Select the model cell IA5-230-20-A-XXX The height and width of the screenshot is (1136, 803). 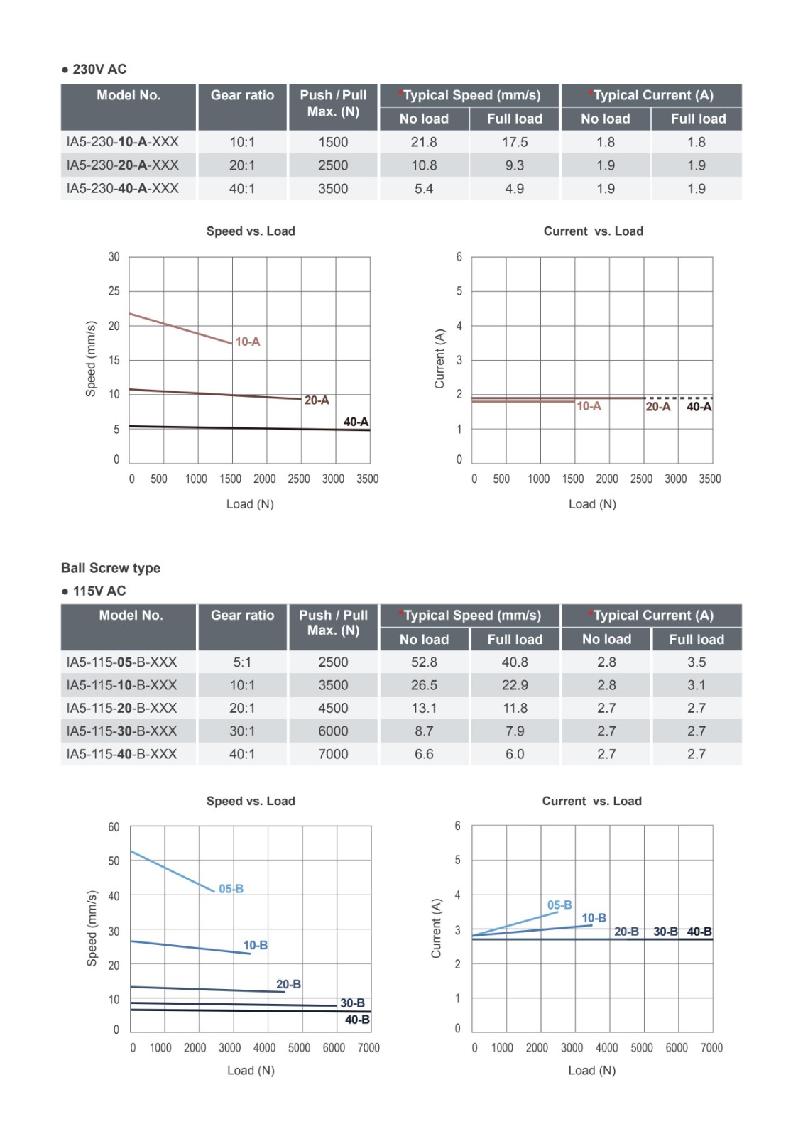[123, 165]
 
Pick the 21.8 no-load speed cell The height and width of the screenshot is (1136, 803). [424, 142]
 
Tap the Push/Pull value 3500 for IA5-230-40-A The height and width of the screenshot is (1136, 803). [333, 189]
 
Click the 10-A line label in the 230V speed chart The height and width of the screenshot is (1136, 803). [248, 342]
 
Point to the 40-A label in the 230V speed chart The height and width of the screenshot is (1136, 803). [356, 422]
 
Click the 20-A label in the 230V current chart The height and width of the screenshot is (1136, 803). [658, 407]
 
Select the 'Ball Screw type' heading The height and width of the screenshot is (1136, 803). [111, 568]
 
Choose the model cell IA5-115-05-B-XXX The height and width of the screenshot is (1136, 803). [122, 662]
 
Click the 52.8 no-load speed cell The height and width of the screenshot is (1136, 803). [424, 662]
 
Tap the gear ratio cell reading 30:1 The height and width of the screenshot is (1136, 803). [242, 731]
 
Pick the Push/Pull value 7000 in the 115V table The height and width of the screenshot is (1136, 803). [333, 754]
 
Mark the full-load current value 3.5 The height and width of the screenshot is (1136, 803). [697, 662]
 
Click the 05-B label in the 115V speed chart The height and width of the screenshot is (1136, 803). [231, 889]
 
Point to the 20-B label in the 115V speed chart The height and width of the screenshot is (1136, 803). [288, 985]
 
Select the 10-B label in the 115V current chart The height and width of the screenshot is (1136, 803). [594, 918]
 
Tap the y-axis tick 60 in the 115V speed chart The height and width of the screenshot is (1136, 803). [114, 827]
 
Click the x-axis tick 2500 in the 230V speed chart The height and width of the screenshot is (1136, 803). [299, 479]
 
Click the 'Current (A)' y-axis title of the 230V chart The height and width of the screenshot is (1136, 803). [439, 359]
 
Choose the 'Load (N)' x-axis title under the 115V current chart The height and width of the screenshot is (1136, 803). [592, 1070]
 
